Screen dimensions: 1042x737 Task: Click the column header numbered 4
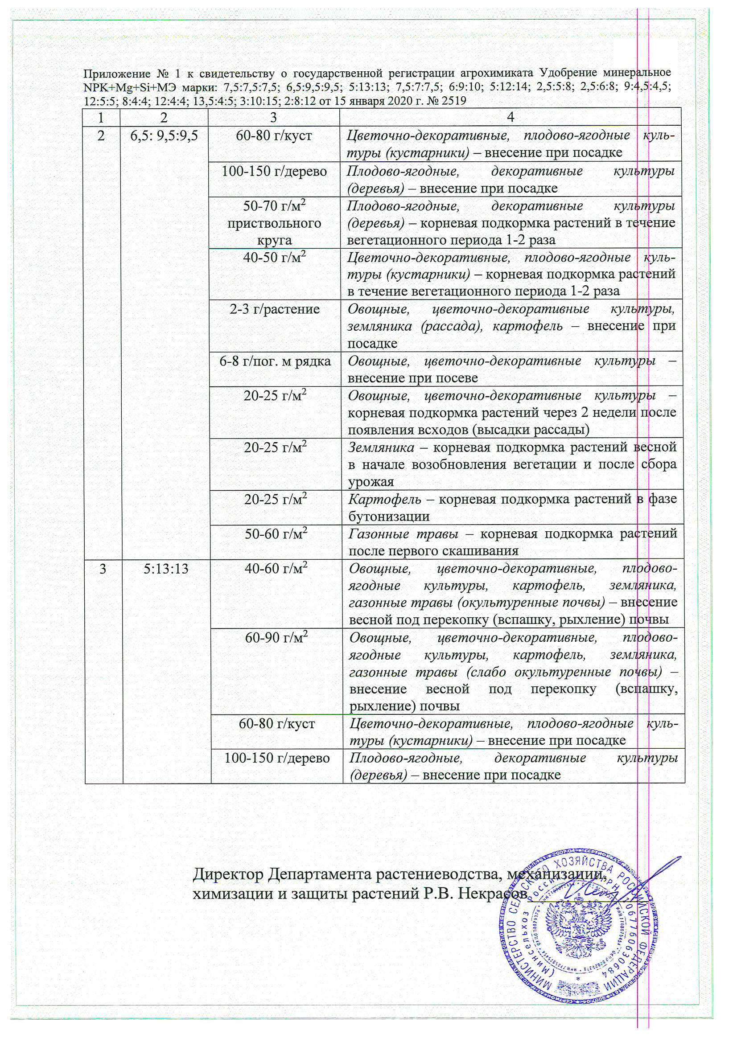click(510, 117)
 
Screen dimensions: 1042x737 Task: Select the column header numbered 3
click(273, 117)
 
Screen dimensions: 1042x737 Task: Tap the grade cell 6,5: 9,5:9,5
click(164, 135)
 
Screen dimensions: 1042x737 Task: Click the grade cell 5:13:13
click(166, 569)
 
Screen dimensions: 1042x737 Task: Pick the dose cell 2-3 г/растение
click(274, 309)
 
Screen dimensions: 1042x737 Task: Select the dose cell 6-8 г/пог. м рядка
click(275, 361)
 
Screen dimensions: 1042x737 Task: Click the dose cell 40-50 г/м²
click(274, 258)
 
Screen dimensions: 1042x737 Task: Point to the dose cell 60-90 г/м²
click(276, 638)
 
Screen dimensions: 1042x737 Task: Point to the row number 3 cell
click(103, 569)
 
